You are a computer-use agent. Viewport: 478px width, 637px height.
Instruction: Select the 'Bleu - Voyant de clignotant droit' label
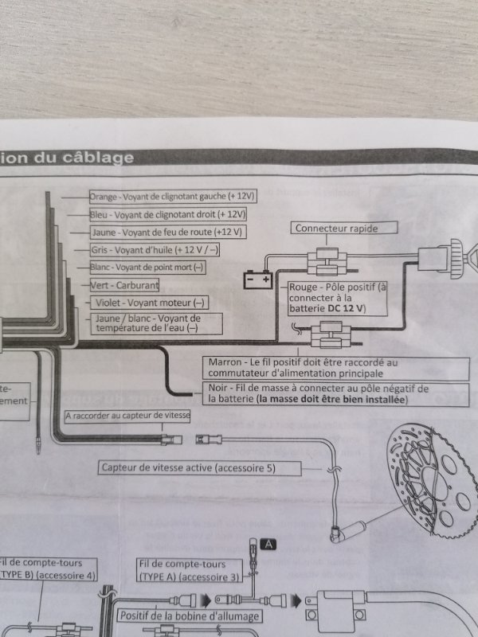point(168,215)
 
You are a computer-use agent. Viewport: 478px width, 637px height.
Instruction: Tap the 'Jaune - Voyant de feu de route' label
point(169,233)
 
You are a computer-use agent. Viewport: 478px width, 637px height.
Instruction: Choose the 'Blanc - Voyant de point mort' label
point(147,268)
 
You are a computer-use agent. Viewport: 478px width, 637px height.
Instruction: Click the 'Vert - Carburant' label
point(124,285)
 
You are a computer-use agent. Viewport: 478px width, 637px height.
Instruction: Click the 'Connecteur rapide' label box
point(335,229)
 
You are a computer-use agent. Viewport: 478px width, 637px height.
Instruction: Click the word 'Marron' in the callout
point(224,361)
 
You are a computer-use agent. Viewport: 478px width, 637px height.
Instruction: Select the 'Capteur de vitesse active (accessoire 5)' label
point(188,467)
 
